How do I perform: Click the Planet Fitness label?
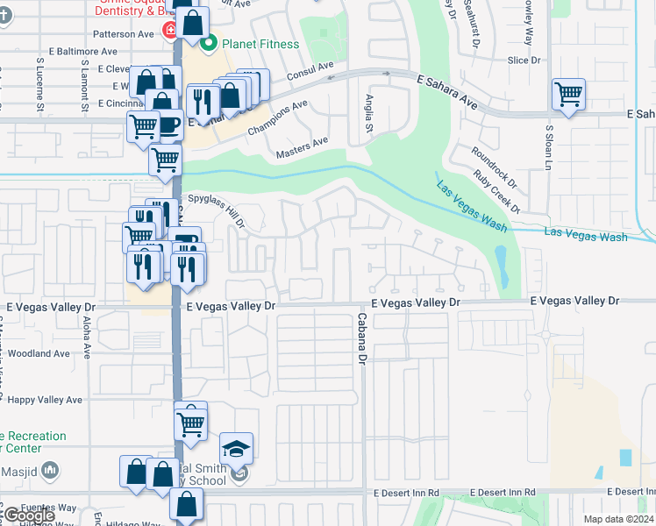pos(260,44)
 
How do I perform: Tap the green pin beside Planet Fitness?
pos(210,43)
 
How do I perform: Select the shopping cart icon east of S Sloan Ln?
pos(569,94)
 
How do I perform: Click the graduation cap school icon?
pos(236,449)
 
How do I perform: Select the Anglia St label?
pos(369,115)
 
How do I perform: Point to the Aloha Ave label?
pos(86,338)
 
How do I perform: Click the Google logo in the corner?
pos(28,515)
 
